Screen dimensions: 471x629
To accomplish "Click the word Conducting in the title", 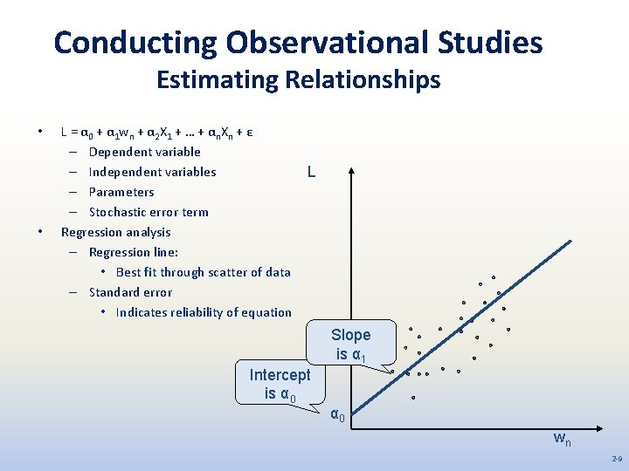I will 135,42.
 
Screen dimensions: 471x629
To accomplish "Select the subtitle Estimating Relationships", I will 298,81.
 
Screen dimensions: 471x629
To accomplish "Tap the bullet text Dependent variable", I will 144,152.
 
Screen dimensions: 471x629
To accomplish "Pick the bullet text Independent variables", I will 152,172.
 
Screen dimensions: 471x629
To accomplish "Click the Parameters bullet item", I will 121,192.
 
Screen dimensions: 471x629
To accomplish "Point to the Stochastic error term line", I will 149,212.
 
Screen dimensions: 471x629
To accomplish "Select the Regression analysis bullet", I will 115,232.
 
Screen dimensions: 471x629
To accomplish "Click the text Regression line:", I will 134,252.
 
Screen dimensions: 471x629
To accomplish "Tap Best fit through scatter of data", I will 203,272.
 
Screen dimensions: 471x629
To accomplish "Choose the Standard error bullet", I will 130,292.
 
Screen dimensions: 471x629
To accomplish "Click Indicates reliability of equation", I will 204,312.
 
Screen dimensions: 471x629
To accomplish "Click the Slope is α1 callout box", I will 351,344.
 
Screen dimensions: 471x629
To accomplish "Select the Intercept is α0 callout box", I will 280,384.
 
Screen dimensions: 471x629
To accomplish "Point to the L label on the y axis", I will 312,173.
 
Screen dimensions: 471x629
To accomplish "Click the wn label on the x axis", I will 563,439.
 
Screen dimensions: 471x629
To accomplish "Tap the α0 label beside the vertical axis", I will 337,415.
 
